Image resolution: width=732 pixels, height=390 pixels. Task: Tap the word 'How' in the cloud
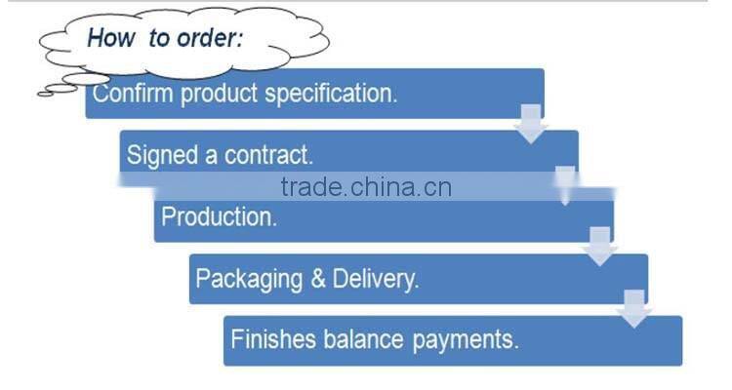[109, 40]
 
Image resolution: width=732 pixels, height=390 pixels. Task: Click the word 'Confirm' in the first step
[127, 95]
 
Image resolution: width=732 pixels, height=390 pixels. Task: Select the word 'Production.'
[219, 216]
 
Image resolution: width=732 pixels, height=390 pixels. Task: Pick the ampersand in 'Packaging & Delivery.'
[317, 279]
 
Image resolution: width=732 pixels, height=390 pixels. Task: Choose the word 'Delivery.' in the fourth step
[376, 279]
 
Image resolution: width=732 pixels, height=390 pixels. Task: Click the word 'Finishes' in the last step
[272, 340]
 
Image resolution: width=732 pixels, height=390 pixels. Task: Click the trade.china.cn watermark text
[365, 187]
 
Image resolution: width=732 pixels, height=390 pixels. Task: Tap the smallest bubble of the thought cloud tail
[44, 93]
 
